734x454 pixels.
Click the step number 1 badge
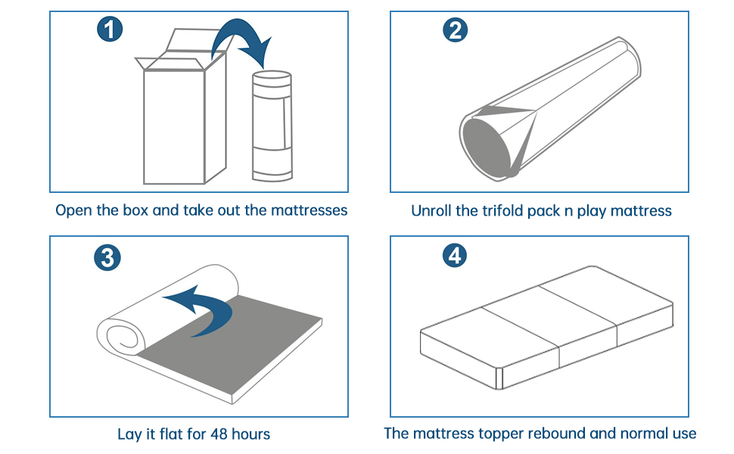click(x=110, y=31)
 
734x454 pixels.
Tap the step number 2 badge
click(x=454, y=31)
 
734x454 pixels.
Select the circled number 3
click(x=107, y=258)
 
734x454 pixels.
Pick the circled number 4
click(x=454, y=256)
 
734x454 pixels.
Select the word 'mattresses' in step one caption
click(x=309, y=210)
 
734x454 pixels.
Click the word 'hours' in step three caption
click(x=250, y=434)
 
